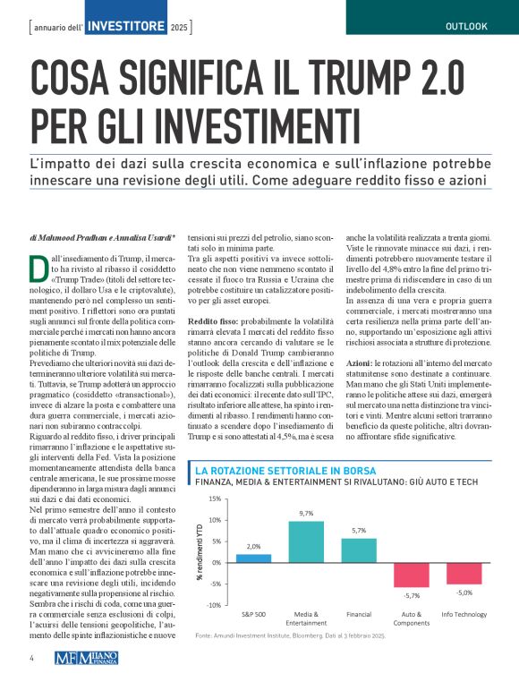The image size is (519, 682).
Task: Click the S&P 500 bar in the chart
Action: (x=253, y=558)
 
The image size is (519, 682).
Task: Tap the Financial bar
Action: (x=359, y=550)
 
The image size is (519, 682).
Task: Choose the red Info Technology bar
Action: (x=464, y=573)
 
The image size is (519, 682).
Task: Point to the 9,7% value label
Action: (x=306, y=513)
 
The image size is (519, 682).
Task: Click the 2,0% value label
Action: (x=253, y=546)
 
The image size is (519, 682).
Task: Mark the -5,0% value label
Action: (x=464, y=592)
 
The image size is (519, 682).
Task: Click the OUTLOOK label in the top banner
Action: (x=466, y=26)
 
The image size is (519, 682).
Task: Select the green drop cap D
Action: (x=38, y=267)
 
